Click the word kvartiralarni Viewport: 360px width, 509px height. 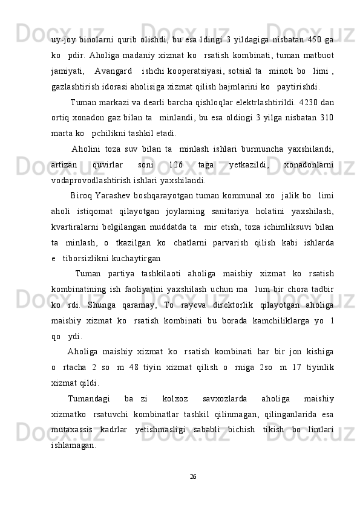(76, 242)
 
